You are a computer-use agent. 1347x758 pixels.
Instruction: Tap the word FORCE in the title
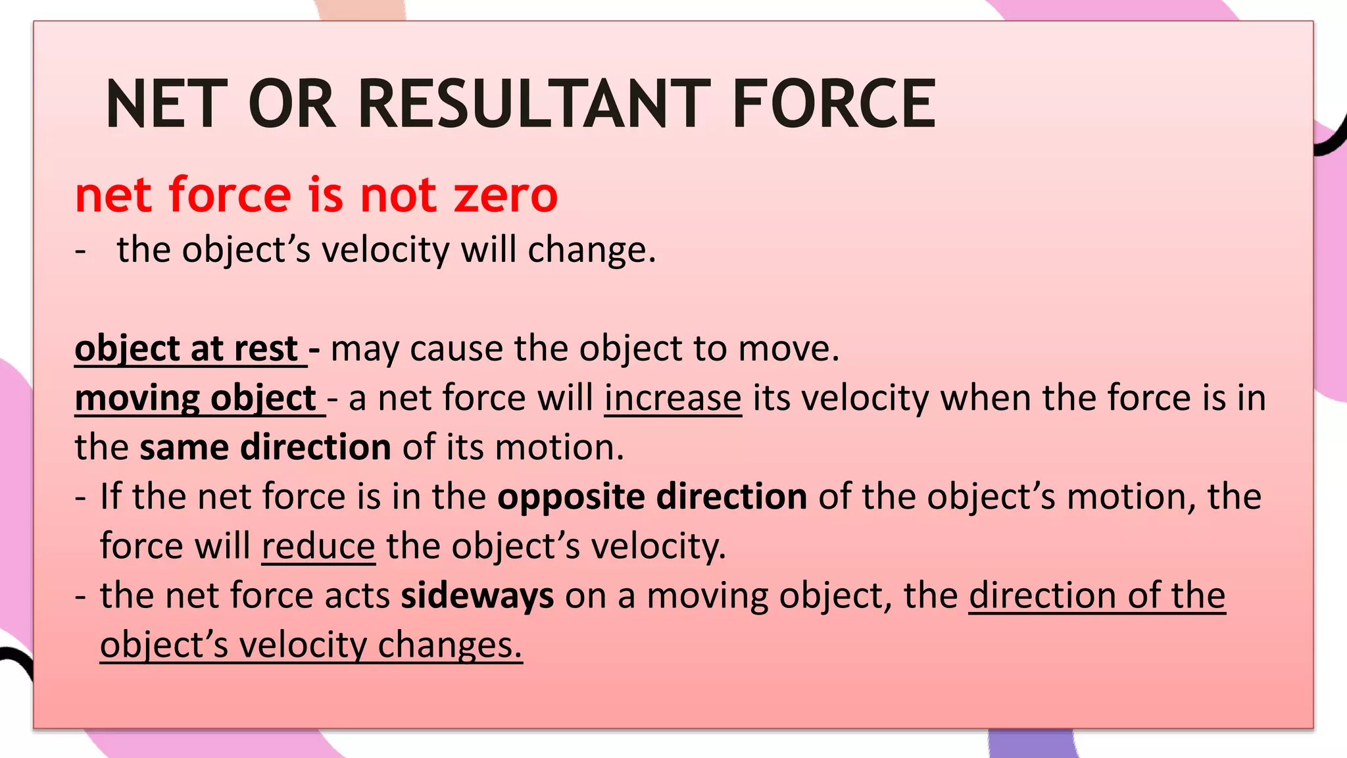(834, 104)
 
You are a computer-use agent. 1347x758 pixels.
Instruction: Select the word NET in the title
(166, 104)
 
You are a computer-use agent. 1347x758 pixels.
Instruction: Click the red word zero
(506, 195)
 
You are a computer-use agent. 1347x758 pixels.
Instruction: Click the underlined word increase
(673, 398)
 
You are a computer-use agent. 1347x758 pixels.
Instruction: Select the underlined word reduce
(318, 546)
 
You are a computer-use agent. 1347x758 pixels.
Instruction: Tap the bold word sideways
(478, 595)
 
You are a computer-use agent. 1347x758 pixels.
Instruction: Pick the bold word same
(184, 447)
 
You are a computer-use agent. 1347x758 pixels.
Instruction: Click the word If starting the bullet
(110, 497)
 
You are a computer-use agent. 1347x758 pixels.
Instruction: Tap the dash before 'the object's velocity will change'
(81, 251)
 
